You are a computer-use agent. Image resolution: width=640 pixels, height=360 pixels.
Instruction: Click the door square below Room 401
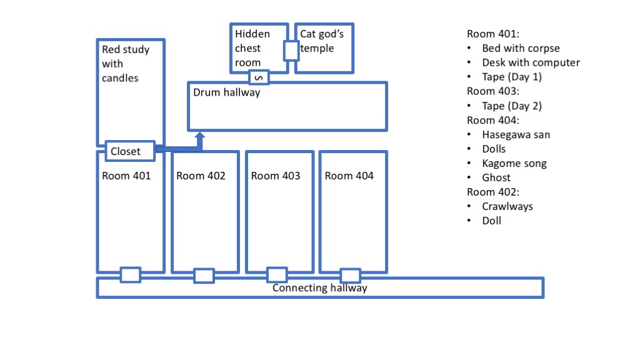(x=130, y=275)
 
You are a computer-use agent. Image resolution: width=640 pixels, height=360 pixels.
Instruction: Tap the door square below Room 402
(x=204, y=276)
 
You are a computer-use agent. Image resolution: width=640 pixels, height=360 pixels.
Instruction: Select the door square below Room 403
(x=277, y=275)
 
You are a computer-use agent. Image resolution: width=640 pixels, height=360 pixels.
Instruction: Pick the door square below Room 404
(x=351, y=276)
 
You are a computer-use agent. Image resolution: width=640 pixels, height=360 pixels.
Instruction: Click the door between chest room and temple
(x=291, y=50)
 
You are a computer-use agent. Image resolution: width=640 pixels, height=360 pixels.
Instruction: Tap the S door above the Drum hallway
(x=259, y=77)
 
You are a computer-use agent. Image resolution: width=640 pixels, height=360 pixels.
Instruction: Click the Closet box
(x=130, y=151)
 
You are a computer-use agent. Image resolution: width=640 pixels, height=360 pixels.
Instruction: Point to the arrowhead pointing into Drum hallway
(x=200, y=136)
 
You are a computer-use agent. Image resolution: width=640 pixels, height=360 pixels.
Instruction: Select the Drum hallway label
(x=226, y=92)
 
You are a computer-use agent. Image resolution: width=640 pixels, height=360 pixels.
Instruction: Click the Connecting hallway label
(x=319, y=287)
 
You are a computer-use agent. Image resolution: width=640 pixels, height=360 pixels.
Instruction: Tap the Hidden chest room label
(x=252, y=48)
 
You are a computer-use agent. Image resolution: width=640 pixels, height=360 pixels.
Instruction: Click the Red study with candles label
(x=126, y=63)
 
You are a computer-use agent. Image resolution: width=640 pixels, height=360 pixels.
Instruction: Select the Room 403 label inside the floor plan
(x=276, y=176)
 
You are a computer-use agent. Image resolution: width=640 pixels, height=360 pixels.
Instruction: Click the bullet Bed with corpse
(x=521, y=48)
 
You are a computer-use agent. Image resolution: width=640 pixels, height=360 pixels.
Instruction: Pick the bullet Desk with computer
(x=531, y=62)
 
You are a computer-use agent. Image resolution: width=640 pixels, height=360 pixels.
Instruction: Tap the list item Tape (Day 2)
(x=512, y=106)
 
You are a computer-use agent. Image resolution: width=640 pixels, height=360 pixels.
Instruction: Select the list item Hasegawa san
(x=516, y=134)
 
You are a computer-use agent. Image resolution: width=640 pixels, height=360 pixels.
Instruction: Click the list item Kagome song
(x=514, y=163)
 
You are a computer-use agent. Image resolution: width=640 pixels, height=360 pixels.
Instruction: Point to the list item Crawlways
(x=507, y=206)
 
